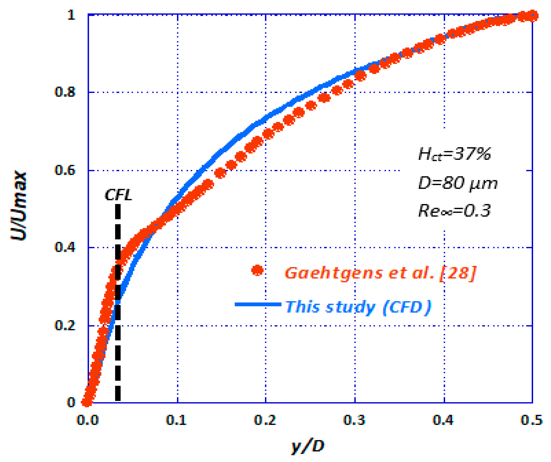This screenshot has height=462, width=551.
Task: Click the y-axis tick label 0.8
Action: pyautogui.click(x=65, y=92)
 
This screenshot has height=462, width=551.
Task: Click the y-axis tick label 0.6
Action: pyautogui.click(x=65, y=170)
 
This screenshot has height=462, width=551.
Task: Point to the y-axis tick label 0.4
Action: pyautogui.click(x=65, y=247)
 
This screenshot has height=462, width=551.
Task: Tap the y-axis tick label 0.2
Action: pyautogui.click(x=65, y=326)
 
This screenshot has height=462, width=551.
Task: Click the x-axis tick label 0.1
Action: pyautogui.click(x=176, y=420)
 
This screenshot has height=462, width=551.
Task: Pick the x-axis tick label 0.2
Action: pyautogui.click(x=265, y=420)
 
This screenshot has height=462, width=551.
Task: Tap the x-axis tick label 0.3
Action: pyautogui.click(x=354, y=420)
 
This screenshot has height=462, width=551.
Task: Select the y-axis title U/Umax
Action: pyautogui.click(x=19, y=206)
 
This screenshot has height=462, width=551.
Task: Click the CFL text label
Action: pyautogui.click(x=119, y=195)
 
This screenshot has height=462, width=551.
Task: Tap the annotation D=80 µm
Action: pyautogui.click(x=458, y=183)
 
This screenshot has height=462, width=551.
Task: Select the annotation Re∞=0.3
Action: pyautogui.click(x=454, y=211)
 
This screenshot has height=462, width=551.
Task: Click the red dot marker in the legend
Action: pyautogui.click(x=257, y=270)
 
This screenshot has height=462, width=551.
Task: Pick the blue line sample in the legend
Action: pyautogui.click(x=258, y=304)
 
